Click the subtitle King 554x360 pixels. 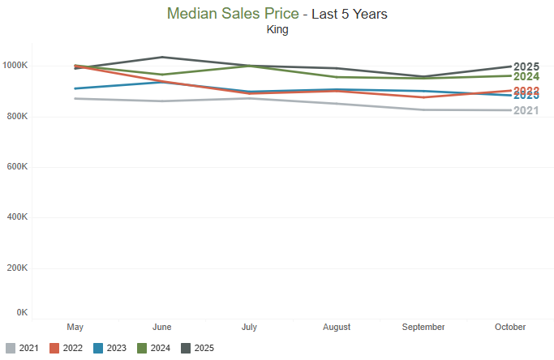point(277,30)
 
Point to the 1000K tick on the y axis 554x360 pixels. point(15,66)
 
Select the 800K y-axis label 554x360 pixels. point(17,117)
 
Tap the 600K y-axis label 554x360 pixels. point(17,167)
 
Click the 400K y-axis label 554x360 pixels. point(17,217)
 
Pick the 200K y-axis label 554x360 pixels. point(17,268)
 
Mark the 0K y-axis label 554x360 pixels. point(22,312)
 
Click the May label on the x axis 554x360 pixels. point(75,327)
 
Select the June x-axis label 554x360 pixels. point(161,327)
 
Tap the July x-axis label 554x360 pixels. point(249,327)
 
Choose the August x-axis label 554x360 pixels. point(337,327)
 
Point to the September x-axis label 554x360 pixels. point(423,327)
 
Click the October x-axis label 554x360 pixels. point(511,327)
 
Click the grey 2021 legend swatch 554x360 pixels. point(10,349)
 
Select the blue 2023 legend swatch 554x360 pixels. point(99,349)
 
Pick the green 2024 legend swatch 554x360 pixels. point(144,349)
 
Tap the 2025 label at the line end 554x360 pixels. point(526,66)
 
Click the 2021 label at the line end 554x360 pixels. point(526,110)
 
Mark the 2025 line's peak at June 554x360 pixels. point(161,57)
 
